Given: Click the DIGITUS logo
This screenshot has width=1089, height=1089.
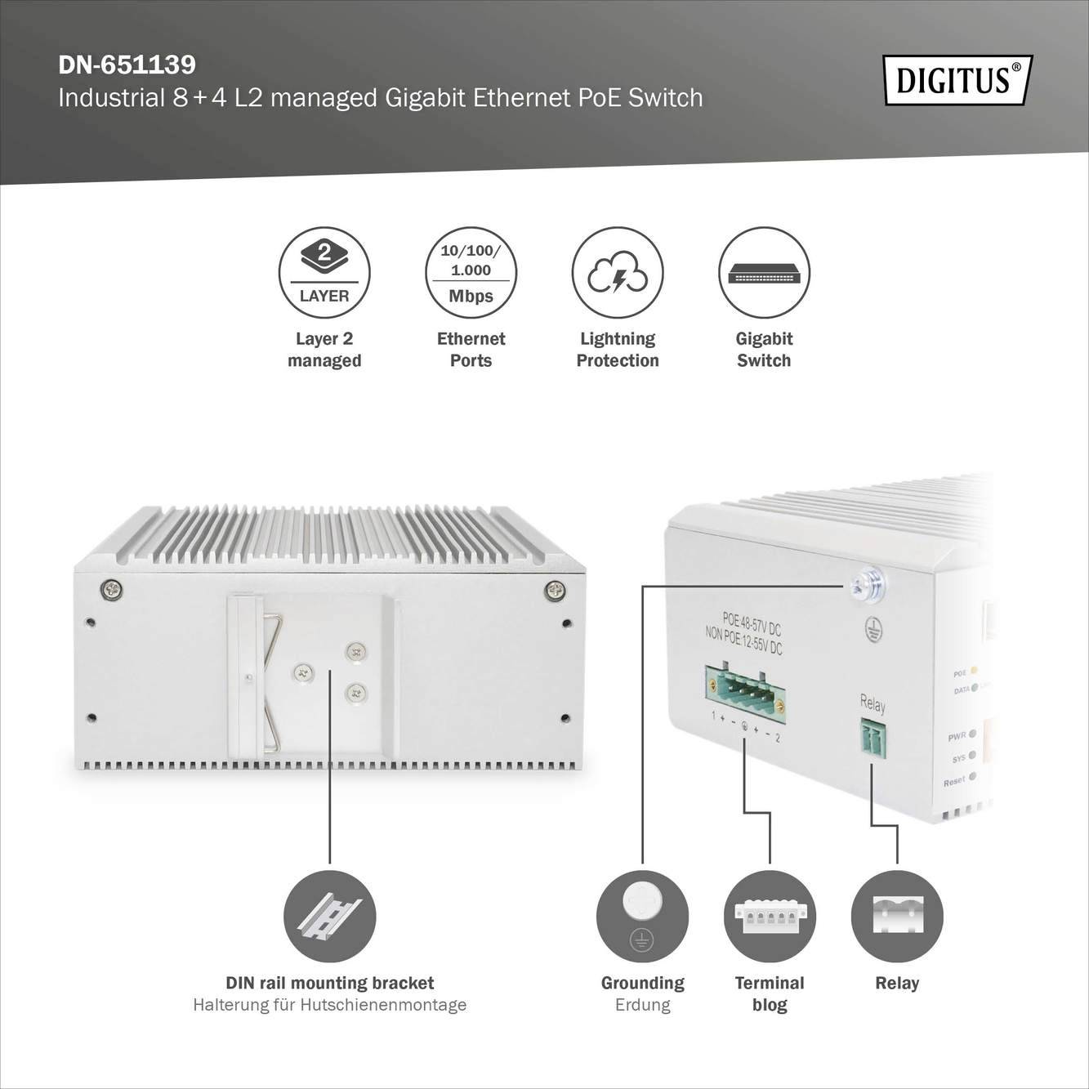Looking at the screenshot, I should pyautogui.click(x=957, y=80).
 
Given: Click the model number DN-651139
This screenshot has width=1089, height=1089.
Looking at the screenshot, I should pyautogui.click(x=127, y=65).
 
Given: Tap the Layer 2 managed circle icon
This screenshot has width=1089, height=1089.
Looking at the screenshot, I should pyautogui.click(x=324, y=272).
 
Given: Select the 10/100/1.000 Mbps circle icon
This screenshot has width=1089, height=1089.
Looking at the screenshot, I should pyautogui.click(x=471, y=272).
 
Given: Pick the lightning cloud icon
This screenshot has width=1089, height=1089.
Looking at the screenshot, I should pyautogui.click(x=618, y=272).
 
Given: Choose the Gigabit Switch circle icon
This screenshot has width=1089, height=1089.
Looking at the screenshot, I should pyautogui.click(x=764, y=272).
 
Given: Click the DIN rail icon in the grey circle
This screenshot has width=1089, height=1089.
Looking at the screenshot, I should pyautogui.click(x=329, y=916).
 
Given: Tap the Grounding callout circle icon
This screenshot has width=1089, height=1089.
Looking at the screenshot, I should pyautogui.click(x=642, y=916).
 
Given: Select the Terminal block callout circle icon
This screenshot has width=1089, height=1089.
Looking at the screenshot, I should pyautogui.click(x=770, y=916).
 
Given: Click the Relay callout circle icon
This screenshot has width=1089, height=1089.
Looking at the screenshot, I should pyautogui.click(x=897, y=916).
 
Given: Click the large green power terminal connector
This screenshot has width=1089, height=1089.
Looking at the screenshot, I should pyautogui.click(x=744, y=694).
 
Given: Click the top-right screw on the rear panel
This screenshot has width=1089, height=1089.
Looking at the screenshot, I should pyautogui.click(x=555, y=590).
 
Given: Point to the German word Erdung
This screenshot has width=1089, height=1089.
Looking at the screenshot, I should pyautogui.click(x=642, y=1005).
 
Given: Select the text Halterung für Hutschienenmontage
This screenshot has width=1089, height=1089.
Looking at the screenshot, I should pyautogui.click(x=329, y=1005).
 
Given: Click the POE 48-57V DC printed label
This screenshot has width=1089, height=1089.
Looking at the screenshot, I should pyautogui.click(x=752, y=624).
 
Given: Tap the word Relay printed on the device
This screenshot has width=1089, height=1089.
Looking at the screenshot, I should pyautogui.click(x=873, y=703).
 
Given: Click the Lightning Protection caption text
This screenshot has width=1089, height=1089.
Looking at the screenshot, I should pyautogui.click(x=618, y=350).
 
